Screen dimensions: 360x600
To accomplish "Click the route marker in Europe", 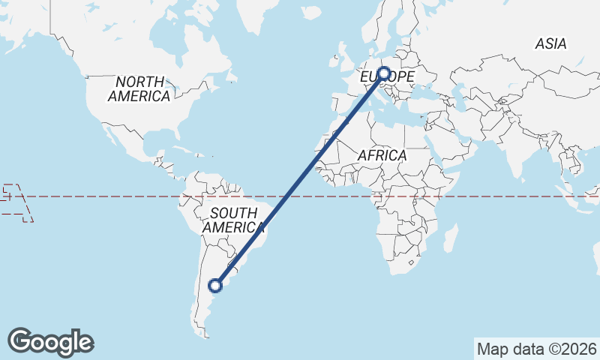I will click(384, 73).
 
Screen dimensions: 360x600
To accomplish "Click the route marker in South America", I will click(216, 285).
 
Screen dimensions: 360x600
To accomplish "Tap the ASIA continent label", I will click(550, 44).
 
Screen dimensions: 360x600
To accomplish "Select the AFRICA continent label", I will click(382, 155).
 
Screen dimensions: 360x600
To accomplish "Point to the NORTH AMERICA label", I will click(139, 88).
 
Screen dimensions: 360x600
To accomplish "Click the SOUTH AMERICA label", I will click(233, 220).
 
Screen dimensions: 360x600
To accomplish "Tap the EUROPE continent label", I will click(388, 77).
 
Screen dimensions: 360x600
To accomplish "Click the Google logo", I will click(51, 342).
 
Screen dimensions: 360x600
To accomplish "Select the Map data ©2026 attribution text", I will click(537, 349).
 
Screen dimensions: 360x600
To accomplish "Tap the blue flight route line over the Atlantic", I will click(300, 179).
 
